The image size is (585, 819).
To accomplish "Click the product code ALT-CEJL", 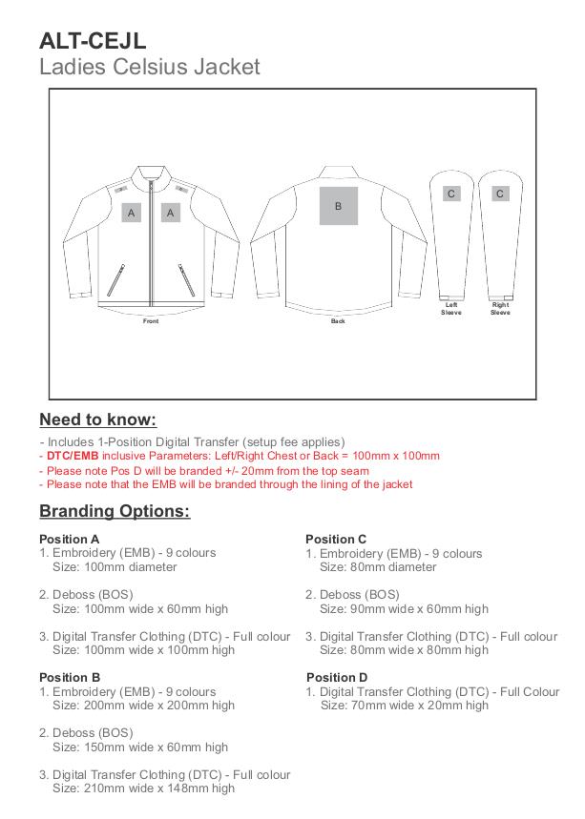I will click(x=93, y=40).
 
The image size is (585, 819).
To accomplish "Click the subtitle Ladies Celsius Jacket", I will click(x=149, y=67).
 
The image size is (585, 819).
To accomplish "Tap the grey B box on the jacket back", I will click(x=338, y=206).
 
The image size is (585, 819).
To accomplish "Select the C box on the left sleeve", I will click(x=450, y=194).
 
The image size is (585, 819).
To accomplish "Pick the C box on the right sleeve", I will click(x=499, y=194).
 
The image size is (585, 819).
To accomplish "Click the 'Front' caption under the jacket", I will click(x=151, y=321).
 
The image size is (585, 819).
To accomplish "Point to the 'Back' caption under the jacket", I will click(x=338, y=321).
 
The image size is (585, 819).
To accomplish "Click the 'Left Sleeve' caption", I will click(x=450, y=309).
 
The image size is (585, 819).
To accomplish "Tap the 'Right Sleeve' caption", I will click(x=500, y=309).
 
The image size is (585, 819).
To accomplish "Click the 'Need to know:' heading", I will click(x=97, y=420).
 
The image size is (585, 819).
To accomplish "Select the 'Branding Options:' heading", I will click(x=115, y=511).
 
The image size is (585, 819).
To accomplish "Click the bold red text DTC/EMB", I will click(x=73, y=456).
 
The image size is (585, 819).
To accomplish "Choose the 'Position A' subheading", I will click(x=69, y=539).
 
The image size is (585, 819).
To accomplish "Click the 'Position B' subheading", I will click(x=70, y=678).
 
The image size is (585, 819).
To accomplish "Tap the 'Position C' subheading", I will click(x=336, y=539).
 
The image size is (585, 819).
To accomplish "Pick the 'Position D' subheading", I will click(x=337, y=678).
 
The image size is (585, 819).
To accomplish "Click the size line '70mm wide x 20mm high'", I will click(x=404, y=706).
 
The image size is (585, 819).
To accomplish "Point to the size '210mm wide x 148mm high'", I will click(x=143, y=788).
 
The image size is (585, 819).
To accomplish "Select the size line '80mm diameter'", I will click(x=377, y=567).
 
